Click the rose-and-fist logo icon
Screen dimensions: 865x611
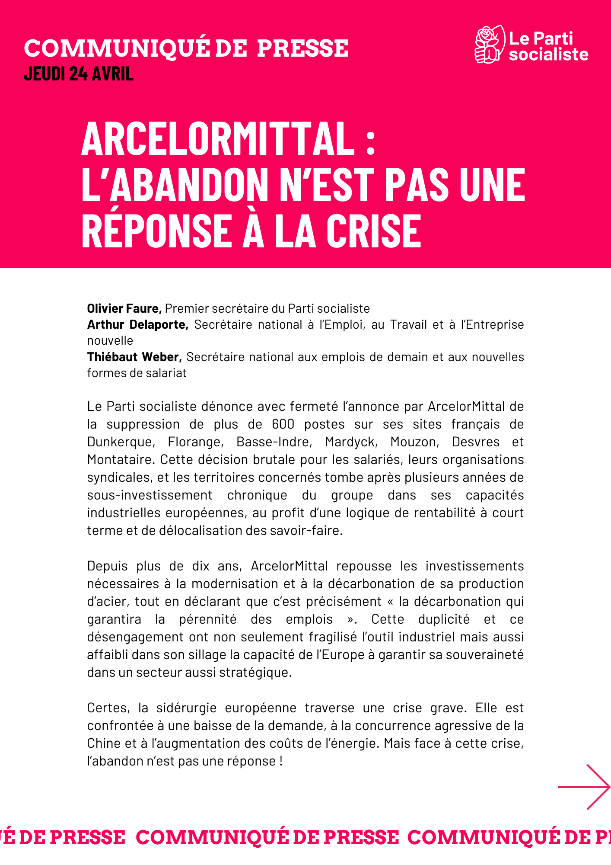pos(490,45)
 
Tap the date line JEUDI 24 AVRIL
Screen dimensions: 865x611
pos(79,74)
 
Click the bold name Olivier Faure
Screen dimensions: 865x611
pos(124,308)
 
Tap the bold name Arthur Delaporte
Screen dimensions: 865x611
pos(138,324)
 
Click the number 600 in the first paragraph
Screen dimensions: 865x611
pos(283,424)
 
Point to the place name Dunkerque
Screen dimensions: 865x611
pos(121,442)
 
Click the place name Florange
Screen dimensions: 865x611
pos(195,442)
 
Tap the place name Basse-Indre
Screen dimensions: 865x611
pos(274,442)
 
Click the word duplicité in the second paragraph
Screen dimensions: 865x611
pos(444,619)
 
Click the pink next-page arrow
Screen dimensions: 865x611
pos(584,787)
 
